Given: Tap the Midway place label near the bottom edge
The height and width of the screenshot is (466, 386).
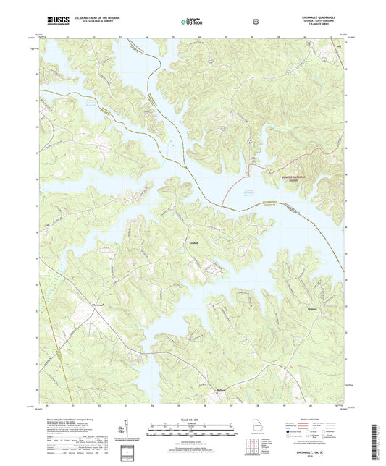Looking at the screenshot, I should pos(222,389).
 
